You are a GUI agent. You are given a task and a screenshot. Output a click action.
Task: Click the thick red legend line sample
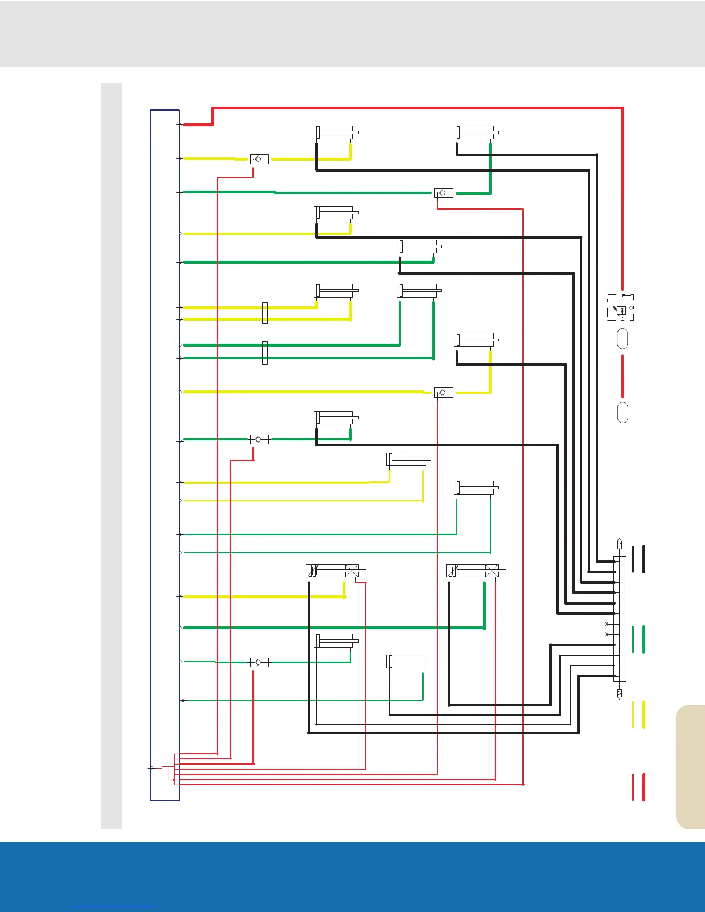643,787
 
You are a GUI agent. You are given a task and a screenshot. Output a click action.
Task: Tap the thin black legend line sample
633,559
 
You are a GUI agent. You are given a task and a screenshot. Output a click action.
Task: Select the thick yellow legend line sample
643,715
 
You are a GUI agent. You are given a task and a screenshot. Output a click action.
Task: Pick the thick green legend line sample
643,639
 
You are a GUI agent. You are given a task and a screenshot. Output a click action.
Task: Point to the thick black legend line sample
643,559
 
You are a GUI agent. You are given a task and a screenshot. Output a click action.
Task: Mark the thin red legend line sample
633,787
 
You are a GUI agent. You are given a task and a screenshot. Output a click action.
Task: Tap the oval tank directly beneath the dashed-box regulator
623,339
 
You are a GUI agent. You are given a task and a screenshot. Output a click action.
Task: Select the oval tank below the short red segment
623,412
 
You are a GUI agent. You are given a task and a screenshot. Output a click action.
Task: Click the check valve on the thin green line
259,663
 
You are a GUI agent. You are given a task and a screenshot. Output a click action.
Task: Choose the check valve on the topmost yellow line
259,159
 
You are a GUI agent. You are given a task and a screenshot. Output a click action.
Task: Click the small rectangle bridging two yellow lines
265,313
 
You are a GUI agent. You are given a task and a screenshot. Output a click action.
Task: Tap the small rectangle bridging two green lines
265,353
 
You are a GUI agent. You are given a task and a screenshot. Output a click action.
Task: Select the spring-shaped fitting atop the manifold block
620,544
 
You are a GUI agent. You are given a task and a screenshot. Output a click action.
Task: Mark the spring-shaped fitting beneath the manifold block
620,693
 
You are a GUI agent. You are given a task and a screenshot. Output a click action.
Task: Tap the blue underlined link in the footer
114,907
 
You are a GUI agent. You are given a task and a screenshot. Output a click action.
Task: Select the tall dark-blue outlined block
165,455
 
